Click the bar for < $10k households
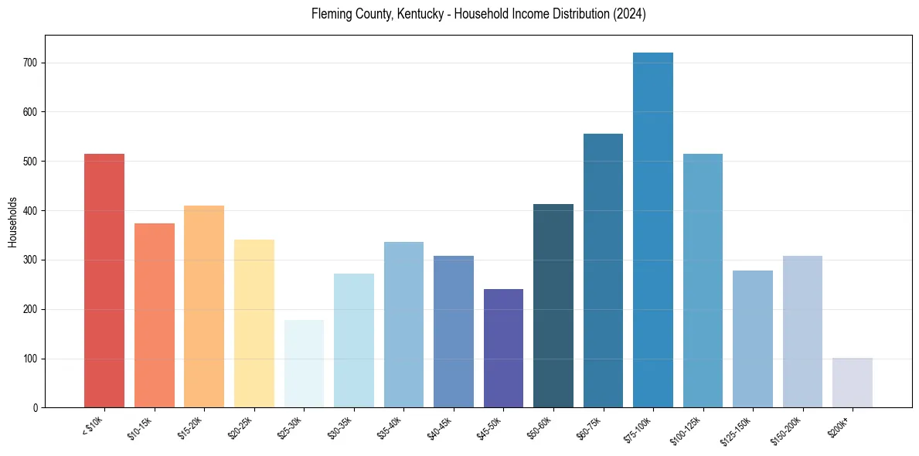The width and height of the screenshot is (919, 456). (104, 281)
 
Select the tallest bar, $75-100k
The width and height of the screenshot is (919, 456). (653, 230)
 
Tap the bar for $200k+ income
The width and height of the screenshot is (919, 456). (853, 383)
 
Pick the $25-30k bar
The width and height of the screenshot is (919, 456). (304, 363)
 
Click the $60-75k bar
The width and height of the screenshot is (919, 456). (603, 271)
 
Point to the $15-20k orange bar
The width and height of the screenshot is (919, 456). (204, 307)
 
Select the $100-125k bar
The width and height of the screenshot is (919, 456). (703, 281)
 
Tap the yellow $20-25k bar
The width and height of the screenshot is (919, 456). (254, 324)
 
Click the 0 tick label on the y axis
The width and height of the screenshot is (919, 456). (36, 408)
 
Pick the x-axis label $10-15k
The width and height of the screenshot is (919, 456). (139, 426)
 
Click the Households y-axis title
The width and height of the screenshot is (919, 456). (13, 222)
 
